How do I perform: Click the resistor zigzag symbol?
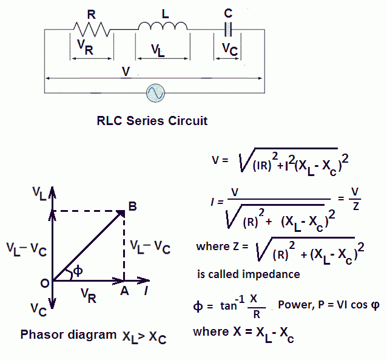click(93, 28)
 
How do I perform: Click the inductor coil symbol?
click(162, 25)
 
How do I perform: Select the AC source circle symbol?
click(154, 93)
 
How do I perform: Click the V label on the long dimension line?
click(125, 72)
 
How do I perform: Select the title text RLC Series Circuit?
click(152, 120)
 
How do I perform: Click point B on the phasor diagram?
click(132, 207)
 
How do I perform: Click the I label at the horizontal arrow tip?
click(146, 291)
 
